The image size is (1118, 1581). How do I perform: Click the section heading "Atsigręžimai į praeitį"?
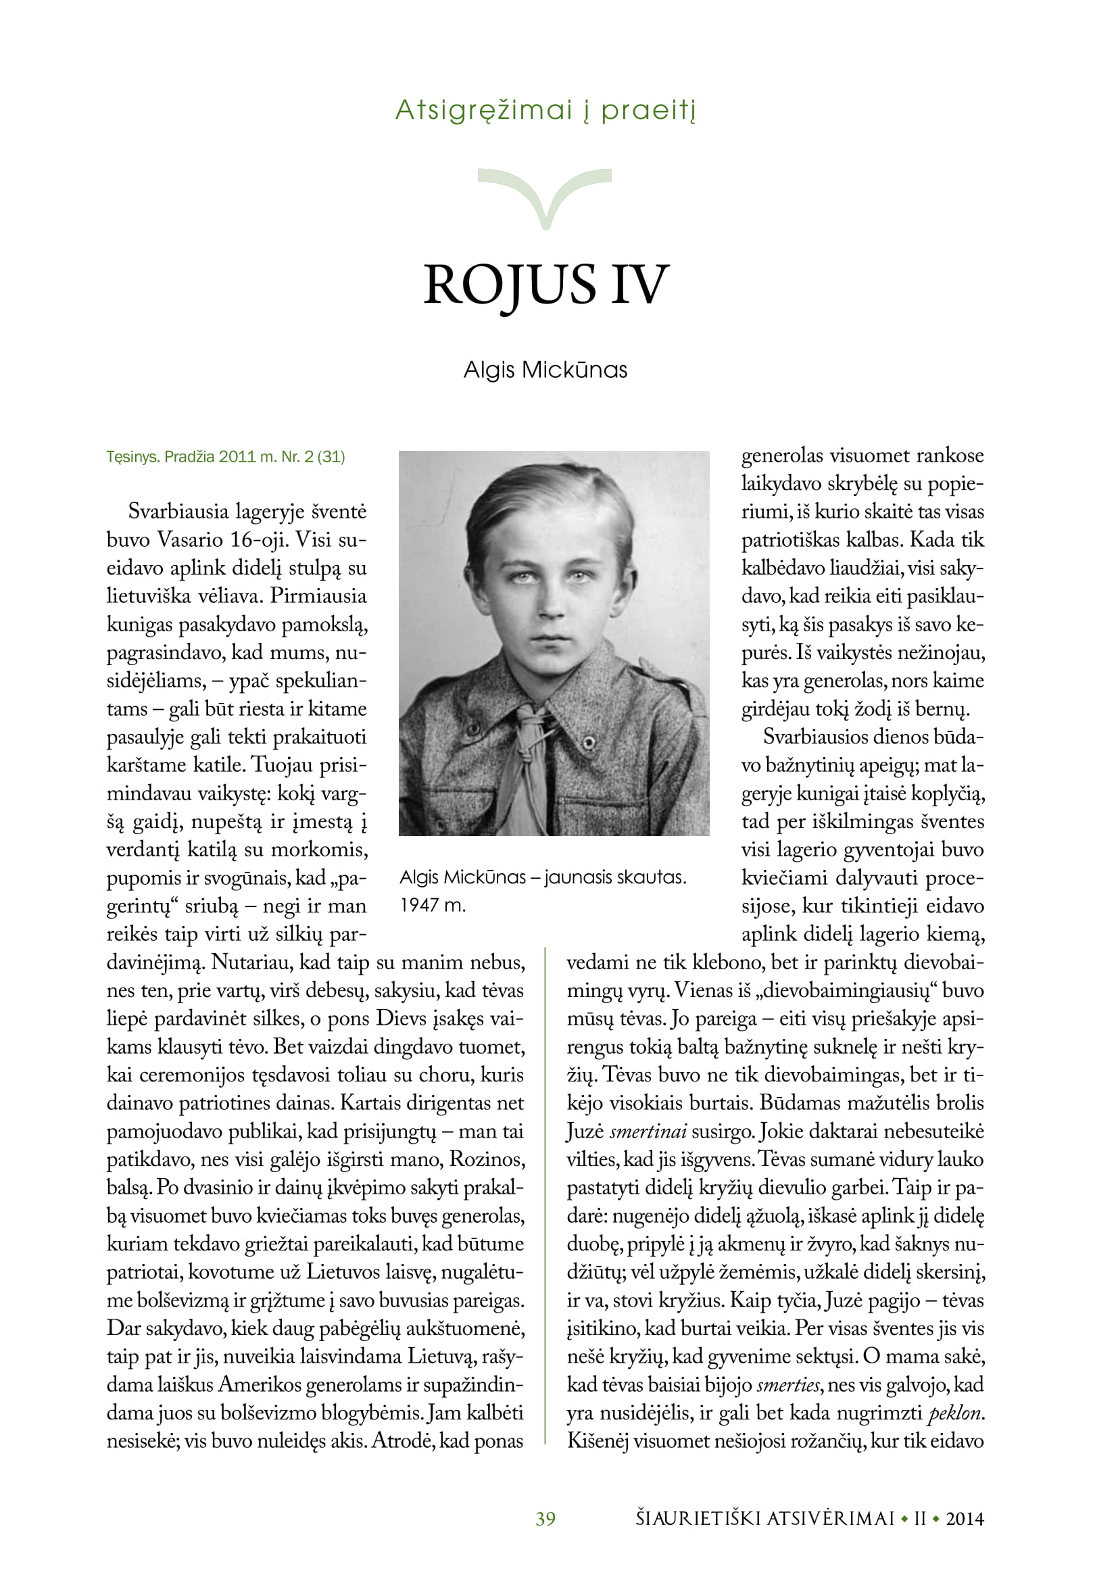coord(545,110)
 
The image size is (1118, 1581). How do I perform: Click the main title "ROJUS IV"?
coord(546,284)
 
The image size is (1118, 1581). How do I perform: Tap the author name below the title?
coord(545,370)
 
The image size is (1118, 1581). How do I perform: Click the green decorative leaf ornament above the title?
coord(545,196)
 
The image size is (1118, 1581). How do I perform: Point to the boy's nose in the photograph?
coord(550,606)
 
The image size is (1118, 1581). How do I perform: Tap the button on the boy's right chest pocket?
coord(589,741)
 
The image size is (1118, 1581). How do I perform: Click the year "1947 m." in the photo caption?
coord(433,906)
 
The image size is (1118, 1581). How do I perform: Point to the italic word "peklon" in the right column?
coord(954,1413)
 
